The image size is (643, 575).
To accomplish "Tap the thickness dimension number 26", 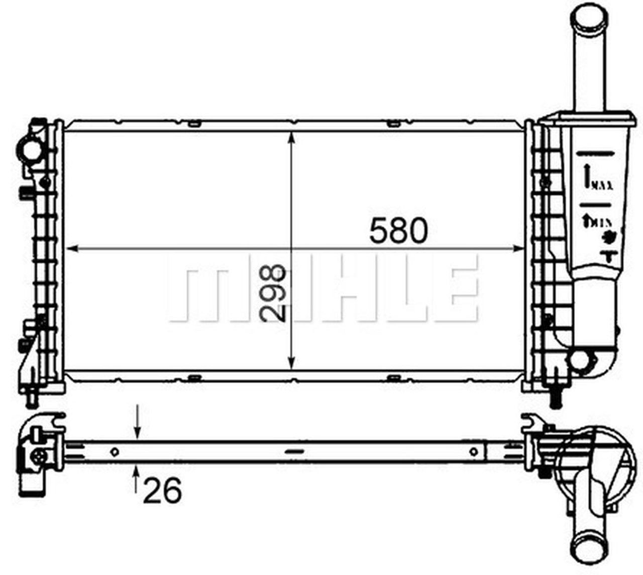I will tap(162, 490).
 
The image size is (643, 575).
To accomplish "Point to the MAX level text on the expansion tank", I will tap(602, 186).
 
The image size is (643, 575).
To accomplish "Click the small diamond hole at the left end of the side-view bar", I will tap(115, 451).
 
